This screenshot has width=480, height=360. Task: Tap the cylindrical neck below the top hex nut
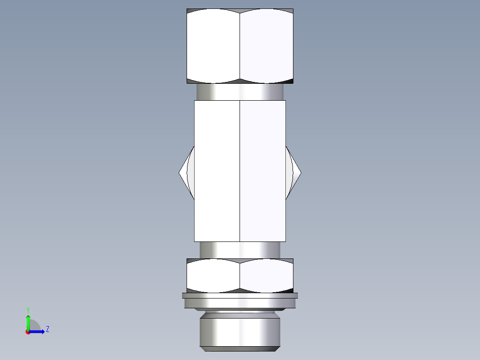(240, 92)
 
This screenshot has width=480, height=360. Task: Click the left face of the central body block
(217, 171)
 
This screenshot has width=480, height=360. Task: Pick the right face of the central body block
(263, 171)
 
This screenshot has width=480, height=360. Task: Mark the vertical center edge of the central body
(240, 171)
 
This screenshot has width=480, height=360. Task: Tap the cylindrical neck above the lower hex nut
(240, 250)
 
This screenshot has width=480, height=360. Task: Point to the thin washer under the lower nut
(240, 295)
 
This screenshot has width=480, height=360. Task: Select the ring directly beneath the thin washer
(240, 303)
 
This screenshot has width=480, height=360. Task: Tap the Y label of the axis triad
(28, 309)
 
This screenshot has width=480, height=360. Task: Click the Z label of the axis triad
(47, 330)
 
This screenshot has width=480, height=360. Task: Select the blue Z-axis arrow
(38, 331)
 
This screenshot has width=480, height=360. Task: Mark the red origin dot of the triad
(28, 332)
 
